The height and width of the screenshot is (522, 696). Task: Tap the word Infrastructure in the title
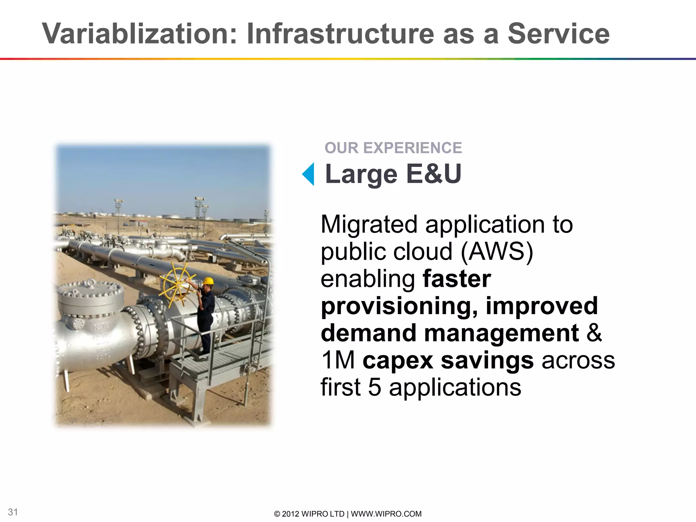coord(340,34)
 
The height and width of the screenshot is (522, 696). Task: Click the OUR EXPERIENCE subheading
coord(393,148)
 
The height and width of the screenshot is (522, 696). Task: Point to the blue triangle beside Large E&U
coord(309,174)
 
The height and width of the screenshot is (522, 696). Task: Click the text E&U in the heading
coord(434,174)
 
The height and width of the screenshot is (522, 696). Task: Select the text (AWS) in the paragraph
coord(497,252)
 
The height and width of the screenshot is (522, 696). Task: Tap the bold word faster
coord(457,279)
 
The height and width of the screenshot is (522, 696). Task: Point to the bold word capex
coord(398,361)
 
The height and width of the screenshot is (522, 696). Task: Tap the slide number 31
coord(13,512)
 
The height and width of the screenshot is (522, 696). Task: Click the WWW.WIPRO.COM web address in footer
coord(386,514)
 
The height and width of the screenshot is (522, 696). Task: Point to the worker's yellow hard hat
coord(208,281)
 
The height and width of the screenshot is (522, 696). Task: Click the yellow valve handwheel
coord(177,284)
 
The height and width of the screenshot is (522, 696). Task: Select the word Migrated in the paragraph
coord(369,225)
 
